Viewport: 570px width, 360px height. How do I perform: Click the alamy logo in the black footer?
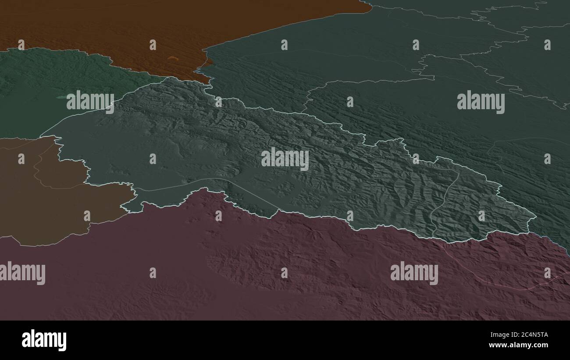(44, 340)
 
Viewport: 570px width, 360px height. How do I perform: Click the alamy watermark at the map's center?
(285, 159)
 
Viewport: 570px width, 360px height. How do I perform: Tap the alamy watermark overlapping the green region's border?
(90, 102)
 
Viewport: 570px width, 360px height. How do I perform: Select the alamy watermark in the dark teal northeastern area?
(481, 102)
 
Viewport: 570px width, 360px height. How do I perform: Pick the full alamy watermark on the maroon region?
(414, 273)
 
